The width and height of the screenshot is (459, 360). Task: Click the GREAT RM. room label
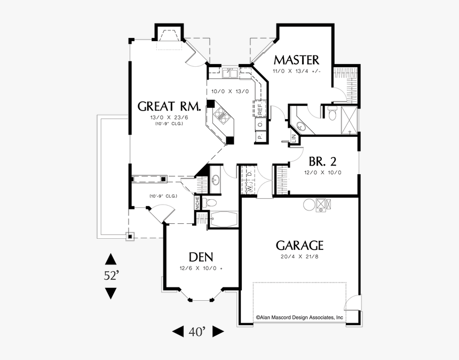tap(169, 106)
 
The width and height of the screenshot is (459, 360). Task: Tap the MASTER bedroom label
tap(296, 59)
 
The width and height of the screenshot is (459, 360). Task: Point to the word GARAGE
tap(299, 245)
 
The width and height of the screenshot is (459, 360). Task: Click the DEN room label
tap(202, 257)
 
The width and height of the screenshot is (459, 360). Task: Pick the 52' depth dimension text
tap(111, 276)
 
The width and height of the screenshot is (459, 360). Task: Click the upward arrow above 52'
tap(110, 259)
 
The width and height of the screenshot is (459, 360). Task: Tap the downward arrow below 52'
tap(110, 293)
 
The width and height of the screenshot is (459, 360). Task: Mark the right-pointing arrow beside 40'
tap(218, 332)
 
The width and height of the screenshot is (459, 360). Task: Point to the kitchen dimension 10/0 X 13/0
tap(230, 91)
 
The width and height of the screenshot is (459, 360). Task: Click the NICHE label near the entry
tap(197, 202)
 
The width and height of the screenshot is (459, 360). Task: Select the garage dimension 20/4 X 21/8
tap(299, 257)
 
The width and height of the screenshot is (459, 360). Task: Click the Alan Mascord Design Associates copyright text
tap(299, 317)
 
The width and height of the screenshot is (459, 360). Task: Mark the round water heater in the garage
tap(308, 204)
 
